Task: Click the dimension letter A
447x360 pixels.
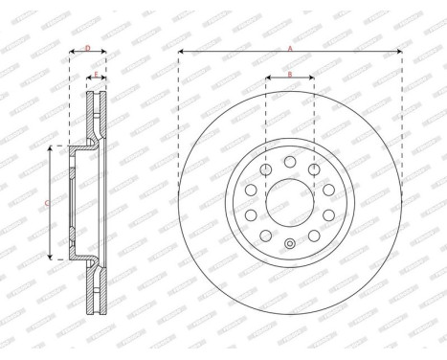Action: point(290,43)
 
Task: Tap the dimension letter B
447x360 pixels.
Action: point(289,74)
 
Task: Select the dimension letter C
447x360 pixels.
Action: point(48,203)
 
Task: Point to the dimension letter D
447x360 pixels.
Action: point(87,46)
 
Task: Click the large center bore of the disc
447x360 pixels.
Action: point(290,200)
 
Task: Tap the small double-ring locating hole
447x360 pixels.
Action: point(290,242)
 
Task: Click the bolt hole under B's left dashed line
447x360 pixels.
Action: point(265,169)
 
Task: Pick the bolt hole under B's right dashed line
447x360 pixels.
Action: point(314,169)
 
